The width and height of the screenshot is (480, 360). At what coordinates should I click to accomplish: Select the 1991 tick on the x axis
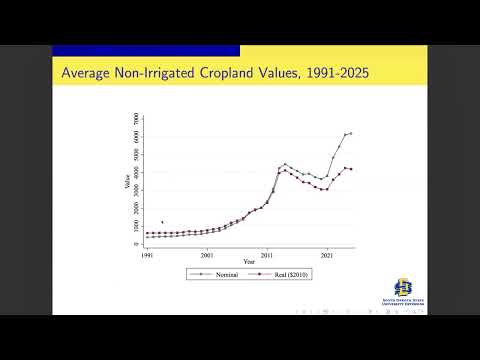pos(147,255)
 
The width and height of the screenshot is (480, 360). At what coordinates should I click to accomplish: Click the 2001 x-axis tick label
pos(206,255)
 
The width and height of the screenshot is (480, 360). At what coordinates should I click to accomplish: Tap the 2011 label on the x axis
pos(266,255)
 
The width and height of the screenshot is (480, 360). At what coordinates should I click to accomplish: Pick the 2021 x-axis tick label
pos(326,255)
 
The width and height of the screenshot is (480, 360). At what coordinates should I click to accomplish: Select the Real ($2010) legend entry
pos(282,274)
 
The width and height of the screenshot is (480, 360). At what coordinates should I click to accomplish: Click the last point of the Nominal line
pos(351,132)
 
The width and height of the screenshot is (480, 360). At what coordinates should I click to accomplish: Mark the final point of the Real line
pos(351,169)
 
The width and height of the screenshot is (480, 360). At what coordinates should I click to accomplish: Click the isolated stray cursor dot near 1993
pos(162,222)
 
